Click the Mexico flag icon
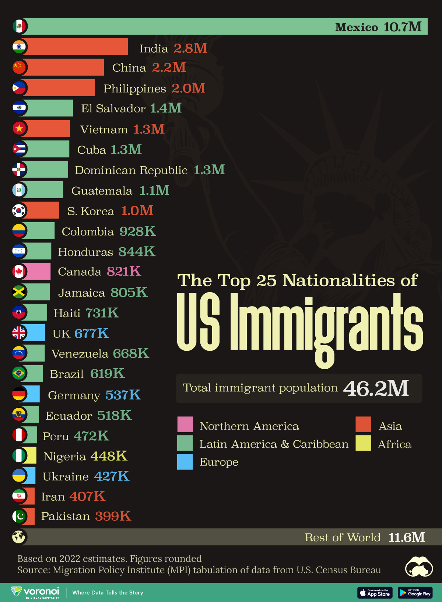19,26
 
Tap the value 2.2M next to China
169,67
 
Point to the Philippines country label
135,88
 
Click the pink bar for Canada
38,272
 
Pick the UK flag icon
19,333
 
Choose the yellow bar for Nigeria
31,455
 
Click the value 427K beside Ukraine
112,476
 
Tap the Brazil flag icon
19,374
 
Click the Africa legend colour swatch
363,443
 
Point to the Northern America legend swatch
185,424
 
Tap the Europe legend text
219,462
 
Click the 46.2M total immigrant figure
376,388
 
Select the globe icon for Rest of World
19,537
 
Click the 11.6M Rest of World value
406,537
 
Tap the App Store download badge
375,592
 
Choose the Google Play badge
415,592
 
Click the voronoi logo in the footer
35,592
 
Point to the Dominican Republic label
131,170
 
